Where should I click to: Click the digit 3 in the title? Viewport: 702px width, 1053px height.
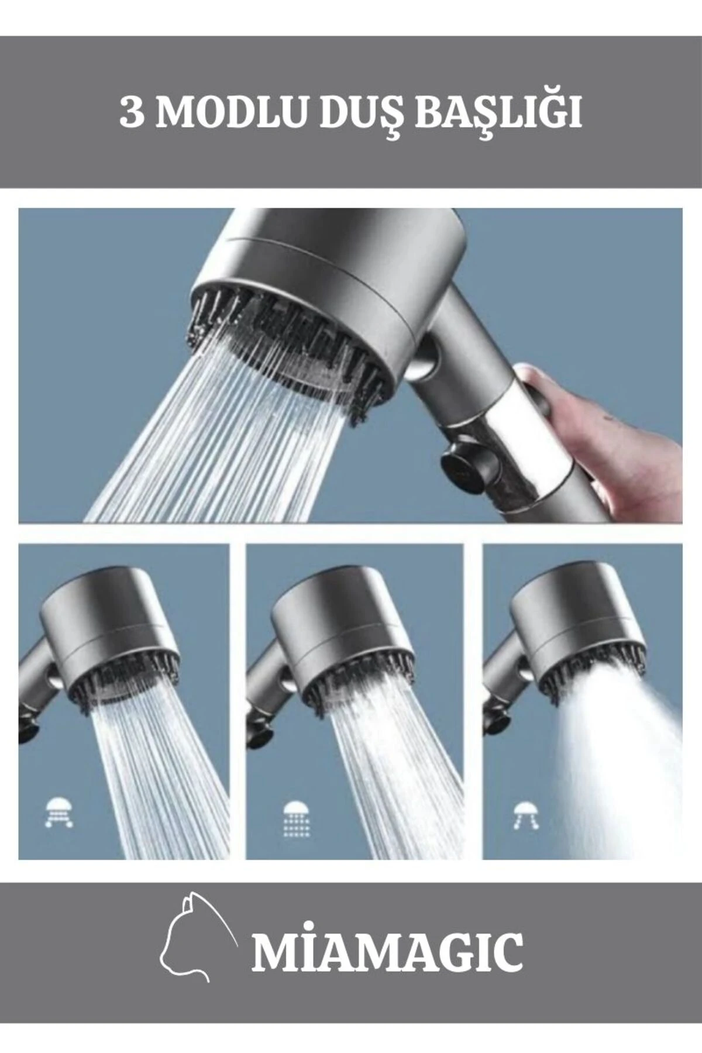(x=131, y=112)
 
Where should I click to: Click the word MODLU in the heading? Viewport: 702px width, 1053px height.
(x=232, y=112)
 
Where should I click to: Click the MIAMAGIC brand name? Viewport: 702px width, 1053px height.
(x=387, y=953)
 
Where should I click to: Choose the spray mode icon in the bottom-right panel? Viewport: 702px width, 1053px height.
(x=526, y=815)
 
